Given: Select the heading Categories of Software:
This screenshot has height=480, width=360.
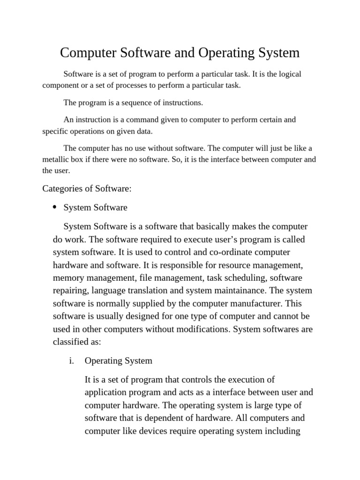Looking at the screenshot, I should pyautogui.click(x=87, y=188).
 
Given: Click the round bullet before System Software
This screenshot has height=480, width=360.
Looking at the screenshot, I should pyautogui.click(x=55, y=207).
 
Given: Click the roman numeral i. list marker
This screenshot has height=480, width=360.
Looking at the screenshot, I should pyautogui.click(x=71, y=361).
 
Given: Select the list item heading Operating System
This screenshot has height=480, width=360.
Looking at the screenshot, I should pyautogui.click(x=118, y=361).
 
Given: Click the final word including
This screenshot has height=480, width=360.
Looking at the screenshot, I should pyautogui.click(x=283, y=431).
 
